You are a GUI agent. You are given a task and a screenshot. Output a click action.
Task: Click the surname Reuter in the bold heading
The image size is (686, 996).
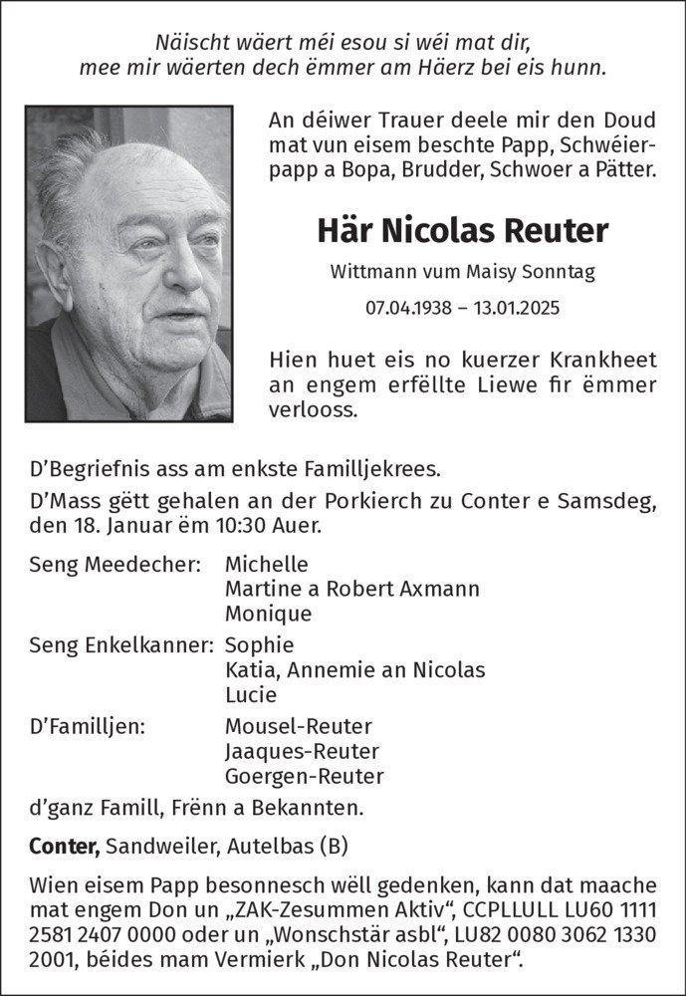(560, 231)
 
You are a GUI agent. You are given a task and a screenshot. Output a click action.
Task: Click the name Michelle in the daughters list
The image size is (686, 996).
(267, 563)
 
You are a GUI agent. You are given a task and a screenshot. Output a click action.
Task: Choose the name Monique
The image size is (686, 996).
(269, 614)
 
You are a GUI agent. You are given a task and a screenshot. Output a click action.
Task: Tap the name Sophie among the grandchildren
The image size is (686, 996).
(260, 644)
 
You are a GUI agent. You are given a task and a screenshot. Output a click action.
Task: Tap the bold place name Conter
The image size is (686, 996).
(64, 847)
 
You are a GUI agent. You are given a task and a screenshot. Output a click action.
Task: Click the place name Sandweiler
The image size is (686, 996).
(157, 847)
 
